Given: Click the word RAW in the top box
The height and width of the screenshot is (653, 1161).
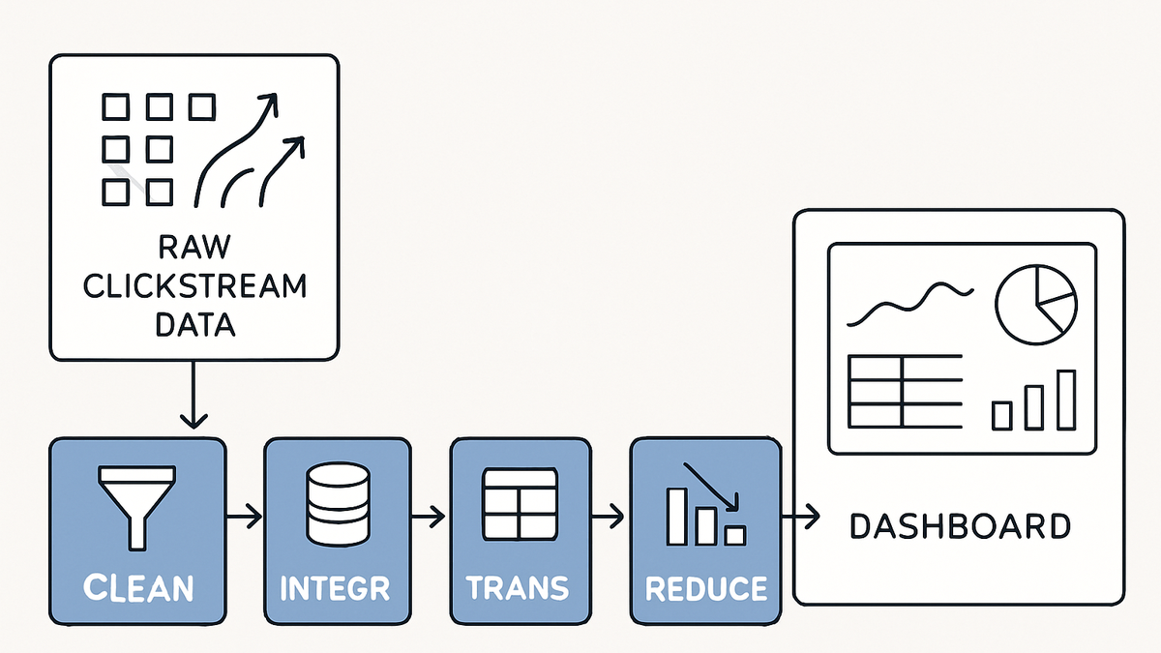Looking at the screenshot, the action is click(x=193, y=247).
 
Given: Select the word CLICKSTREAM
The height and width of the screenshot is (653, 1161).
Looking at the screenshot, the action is click(x=194, y=285).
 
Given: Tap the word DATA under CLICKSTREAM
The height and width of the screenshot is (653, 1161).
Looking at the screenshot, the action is click(x=195, y=325).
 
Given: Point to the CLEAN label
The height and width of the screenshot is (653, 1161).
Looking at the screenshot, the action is click(x=138, y=588).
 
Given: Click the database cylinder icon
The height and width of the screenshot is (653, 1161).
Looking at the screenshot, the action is click(x=338, y=504).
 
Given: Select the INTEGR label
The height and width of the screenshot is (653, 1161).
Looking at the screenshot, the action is click(x=335, y=588).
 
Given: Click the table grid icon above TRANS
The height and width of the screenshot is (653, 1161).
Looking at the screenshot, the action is click(x=520, y=504).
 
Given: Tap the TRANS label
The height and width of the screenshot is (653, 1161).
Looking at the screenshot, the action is click(x=518, y=588).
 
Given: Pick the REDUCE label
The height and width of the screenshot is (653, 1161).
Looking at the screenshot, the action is click(x=706, y=589).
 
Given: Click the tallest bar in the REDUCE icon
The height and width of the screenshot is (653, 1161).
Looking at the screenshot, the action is click(x=676, y=517).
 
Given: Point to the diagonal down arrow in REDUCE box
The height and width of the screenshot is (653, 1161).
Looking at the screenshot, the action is click(x=711, y=487).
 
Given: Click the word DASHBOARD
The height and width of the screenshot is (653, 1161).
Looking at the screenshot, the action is click(x=960, y=526).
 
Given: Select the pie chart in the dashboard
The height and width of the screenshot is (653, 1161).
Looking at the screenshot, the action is click(x=1036, y=304).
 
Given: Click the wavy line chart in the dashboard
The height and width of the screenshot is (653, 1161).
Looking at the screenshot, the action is click(x=909, y=305).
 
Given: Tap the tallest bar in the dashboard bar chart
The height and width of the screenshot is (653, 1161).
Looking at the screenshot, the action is click(x=1066, y=400).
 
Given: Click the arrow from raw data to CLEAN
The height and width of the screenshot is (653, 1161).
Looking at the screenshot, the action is click(x=193, y=395).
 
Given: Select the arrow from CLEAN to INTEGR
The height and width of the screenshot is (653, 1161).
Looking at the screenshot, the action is click(x=244, y=517).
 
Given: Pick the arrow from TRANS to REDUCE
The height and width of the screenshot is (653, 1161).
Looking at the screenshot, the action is click(x=607, y=517).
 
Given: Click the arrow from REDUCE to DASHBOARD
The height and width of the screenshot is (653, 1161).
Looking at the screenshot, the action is click(x=800, y=517).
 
